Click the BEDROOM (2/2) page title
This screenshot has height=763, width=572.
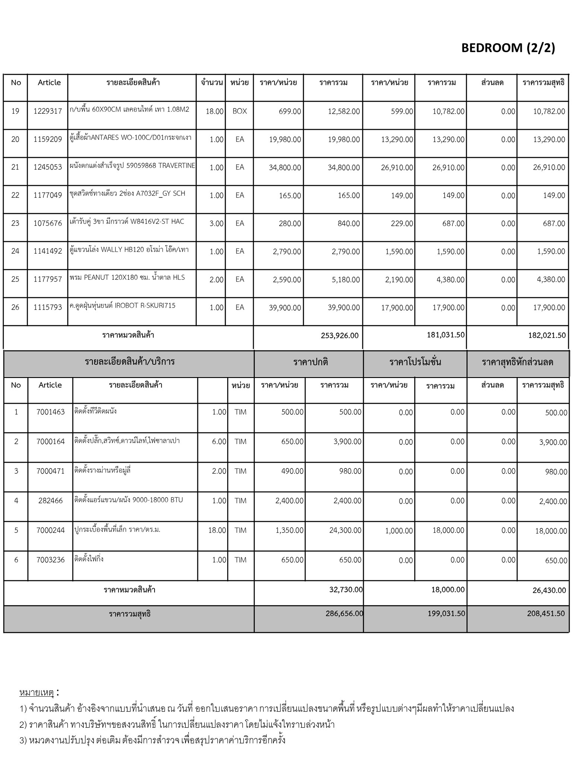[508, 48]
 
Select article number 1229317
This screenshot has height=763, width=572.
[48, 111]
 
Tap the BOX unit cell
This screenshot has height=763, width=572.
[239, 111]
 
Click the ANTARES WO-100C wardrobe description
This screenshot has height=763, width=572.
[130, 137]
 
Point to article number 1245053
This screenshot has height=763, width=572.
[48, 167]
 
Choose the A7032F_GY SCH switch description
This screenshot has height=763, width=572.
[127, 193]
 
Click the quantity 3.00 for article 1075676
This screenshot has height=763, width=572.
[216, 224]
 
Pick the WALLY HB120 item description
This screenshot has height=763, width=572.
[129, 249]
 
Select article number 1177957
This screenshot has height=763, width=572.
[48, 279]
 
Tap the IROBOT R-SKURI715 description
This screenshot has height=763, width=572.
[122, 305]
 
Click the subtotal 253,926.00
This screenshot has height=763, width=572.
[339, 336]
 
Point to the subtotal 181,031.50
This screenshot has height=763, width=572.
[445, 335]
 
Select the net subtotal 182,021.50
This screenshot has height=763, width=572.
[547, 336]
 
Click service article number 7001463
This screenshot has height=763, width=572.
[51, 412]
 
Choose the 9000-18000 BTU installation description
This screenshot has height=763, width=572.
[128, 500]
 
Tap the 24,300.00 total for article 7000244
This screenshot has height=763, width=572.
[345, 530]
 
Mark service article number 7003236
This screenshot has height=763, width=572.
[51, 560]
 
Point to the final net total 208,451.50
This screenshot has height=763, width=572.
[546, 614]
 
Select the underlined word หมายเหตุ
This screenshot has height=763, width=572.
[36, 693]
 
